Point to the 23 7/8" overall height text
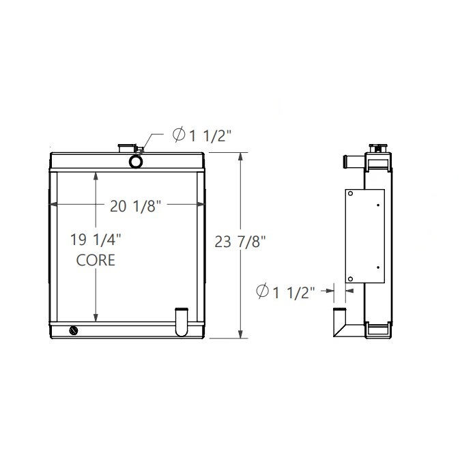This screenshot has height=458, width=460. pyautogui.click(x=240, y=241)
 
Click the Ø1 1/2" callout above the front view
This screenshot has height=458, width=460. pyautogui.click(x=203, y=135)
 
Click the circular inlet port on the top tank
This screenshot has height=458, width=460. pyautogui.click(x=135, y=161)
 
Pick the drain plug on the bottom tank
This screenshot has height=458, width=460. pyautogui.click(x=74, y=331)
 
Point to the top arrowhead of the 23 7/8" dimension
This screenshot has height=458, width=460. pyautogui.click(x=240, y=156)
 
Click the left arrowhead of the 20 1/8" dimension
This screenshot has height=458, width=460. pyautogui.click(x=53, y=204)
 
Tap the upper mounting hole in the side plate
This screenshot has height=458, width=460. pyautogui.click(x=351, y=194)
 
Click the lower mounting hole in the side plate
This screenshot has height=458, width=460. pyautogui.click(x=351, y=278)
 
